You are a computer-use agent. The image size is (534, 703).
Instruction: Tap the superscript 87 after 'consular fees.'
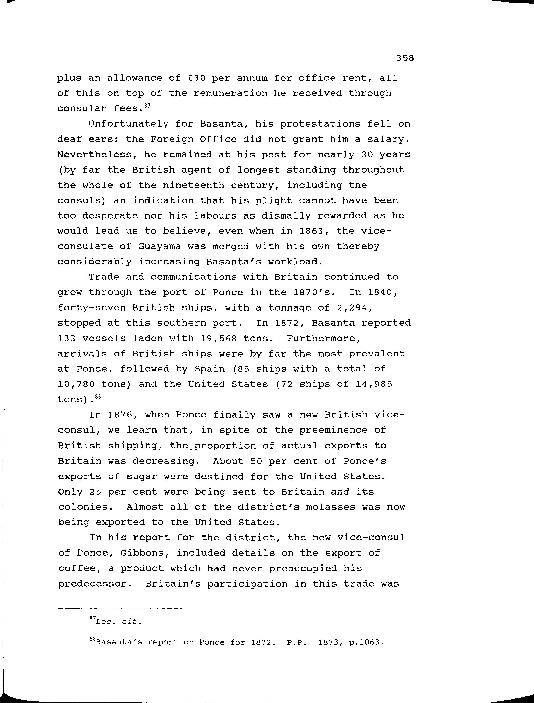click(147, 106)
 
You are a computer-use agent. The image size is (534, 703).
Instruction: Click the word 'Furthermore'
click(323, 339)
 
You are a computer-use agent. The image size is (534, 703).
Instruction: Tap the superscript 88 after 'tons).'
click(97, 396)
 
